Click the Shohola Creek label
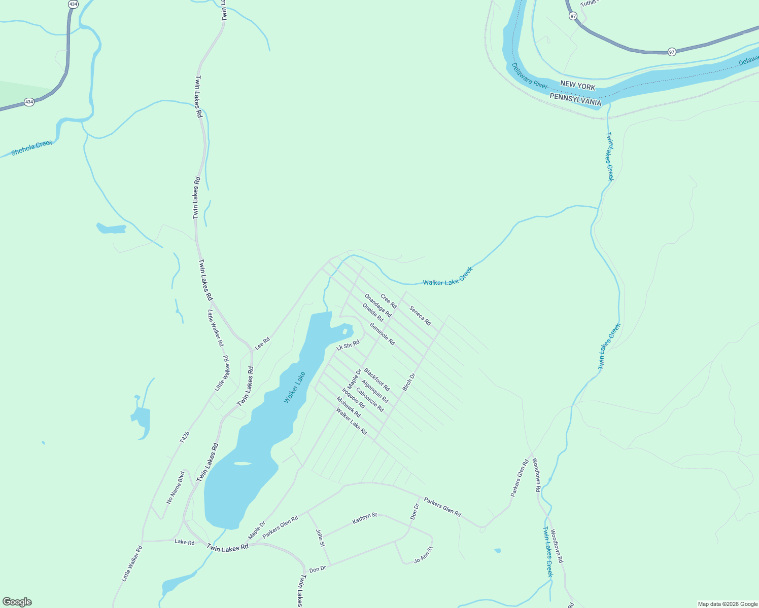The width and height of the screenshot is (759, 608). coord(31,147)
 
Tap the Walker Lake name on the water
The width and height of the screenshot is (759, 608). coord(294,388)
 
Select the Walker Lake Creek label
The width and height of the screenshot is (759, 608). coord(447,277)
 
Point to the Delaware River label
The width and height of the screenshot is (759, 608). coord(529,75)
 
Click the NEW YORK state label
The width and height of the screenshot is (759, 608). coord(577,85)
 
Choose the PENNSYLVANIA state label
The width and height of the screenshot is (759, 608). coord(575,99)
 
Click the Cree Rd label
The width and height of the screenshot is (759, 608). coord(389,301)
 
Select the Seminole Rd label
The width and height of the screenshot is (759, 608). coord(382,334)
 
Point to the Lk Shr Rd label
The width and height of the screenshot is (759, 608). coord(348,346)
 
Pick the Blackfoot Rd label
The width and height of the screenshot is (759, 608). coord(377,379)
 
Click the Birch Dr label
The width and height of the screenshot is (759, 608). coord(408,382)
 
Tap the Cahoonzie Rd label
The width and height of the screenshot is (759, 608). coord(370,399)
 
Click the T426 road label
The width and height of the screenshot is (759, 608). coord(185,437)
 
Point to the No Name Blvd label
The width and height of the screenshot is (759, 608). coord(176,487)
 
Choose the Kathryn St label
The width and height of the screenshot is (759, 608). coord(365,518)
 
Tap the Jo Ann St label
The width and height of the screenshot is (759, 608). coord(423,555)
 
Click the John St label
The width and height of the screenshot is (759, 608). coord(320,538)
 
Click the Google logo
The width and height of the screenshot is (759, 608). coord(17,602)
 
